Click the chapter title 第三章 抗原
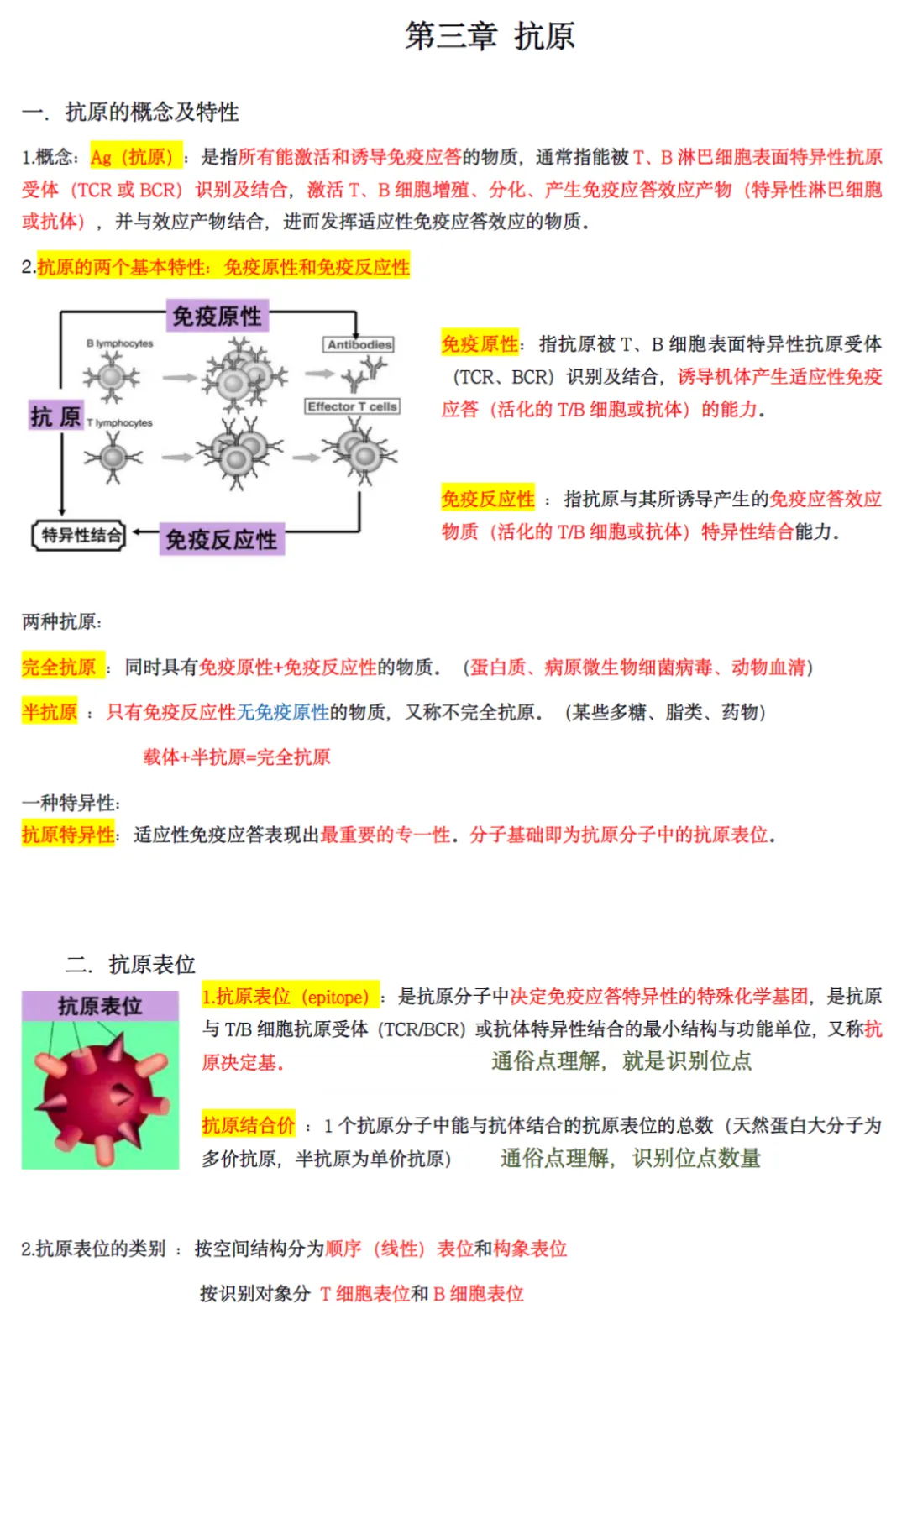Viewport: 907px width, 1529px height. click(x=490, y=36)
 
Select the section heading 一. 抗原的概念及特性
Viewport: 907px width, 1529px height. click(x=130, y=112)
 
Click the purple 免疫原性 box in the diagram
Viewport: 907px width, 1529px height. click(x=218, y=316)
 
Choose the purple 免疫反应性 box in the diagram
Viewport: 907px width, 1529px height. click(x=222, y=539)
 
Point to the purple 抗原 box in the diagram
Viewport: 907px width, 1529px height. click(x=55, y=416)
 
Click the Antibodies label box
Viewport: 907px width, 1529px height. click(x=359, y=344)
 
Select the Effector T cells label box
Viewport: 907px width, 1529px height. click(x=352, y=406)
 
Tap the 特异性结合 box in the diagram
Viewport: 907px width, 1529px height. click(x=80, y=535)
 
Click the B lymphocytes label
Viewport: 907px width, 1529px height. click(x=119, y=343)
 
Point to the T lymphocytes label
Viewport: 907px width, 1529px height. click(x=119, y=422)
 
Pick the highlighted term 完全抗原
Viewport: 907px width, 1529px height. click(x=60, y=668)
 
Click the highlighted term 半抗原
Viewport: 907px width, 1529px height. click(x=50, y=712)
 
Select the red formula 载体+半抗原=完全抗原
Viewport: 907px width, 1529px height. click(x=237, y=757)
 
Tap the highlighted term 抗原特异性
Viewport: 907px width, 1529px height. click(x=68, y=835)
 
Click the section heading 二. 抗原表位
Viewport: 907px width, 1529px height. click(x=130, y=964)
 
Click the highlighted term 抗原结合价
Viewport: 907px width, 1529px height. click(x=249, y=1125)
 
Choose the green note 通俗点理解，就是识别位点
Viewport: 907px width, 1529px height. click(x=621, y=1061)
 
